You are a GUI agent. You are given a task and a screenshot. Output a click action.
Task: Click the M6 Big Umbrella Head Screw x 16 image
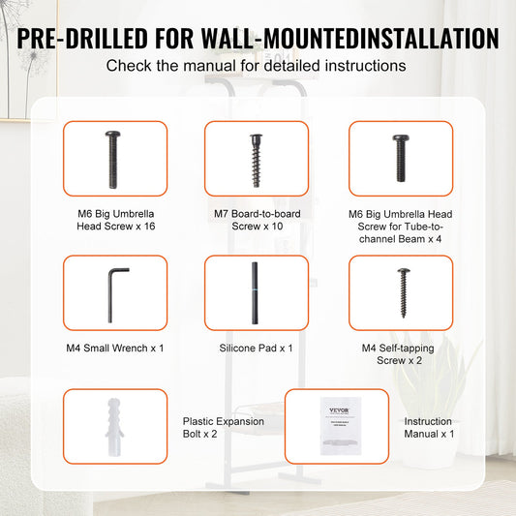pos(113,160)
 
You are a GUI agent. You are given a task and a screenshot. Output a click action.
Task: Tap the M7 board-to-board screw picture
pos(256,160)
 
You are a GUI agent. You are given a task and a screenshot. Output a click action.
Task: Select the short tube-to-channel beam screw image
pos(401,158)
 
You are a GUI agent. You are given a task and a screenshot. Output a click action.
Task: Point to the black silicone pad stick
pos(255,293)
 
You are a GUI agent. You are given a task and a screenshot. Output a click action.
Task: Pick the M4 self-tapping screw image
pos(404,292)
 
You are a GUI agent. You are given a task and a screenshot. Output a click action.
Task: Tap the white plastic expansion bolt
pos(114,427)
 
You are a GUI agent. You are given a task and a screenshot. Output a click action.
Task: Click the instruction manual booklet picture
pos(341,426)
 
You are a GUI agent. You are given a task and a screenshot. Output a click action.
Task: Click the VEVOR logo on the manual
pos(339,410)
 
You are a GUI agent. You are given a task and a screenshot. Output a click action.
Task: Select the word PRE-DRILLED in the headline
pos(82,39)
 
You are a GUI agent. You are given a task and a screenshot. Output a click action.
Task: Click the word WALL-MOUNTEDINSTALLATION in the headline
pos(350,39)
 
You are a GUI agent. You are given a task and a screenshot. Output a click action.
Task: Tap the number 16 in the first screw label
pos(149,227)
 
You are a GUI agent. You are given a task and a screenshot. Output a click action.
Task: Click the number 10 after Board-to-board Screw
pos(277,227)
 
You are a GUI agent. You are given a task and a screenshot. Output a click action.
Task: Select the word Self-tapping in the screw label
pos(407,349)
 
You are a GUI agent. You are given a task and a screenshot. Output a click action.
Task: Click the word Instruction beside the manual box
pos(428,421)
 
